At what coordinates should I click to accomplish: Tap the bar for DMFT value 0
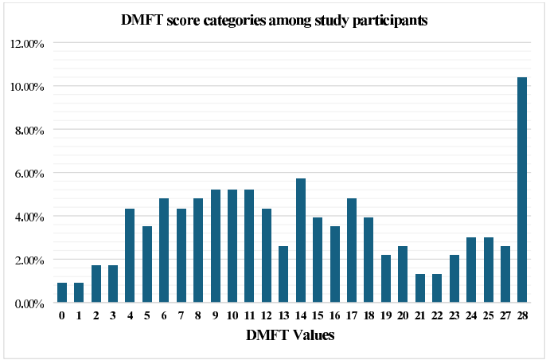click(x=62, y=292)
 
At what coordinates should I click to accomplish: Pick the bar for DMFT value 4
click(x=130, y=256)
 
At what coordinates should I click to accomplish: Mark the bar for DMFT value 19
click(x=385, y=279)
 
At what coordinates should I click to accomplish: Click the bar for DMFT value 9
click(x=215, y=246)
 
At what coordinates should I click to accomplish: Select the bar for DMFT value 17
click(x=352, y=250)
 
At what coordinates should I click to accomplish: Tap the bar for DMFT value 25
click(x=488, y=270)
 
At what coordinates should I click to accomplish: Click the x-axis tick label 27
click(x=505, y=315)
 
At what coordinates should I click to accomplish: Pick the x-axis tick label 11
click(x=249, y=315)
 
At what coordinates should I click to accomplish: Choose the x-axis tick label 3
click(x=113, y=315)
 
